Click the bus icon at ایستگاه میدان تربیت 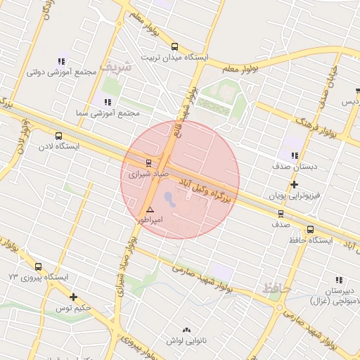(x=174, y=46)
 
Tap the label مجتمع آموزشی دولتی (x=56, y=72)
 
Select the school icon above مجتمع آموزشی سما (x=108, y=102)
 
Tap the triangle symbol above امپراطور (x=149, y=210)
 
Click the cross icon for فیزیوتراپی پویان (x=294, y=184)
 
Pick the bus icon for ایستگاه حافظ (x=310, y=229)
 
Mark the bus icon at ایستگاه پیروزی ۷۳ (x=38, y=266)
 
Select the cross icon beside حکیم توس (x=73, y=297)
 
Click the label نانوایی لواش (x=186, y=341)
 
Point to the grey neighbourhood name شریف (x=115, y=67)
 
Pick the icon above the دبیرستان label (x=340, y=279)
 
